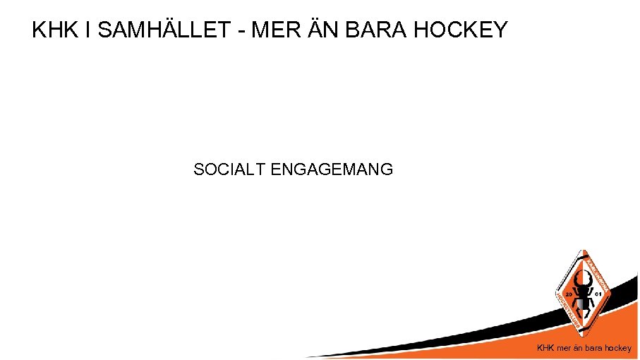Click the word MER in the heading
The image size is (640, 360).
270,30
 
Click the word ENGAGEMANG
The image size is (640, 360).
332,169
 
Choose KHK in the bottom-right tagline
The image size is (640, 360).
546,348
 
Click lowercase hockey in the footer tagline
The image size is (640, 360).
617,348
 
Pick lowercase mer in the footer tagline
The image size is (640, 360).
564,348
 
